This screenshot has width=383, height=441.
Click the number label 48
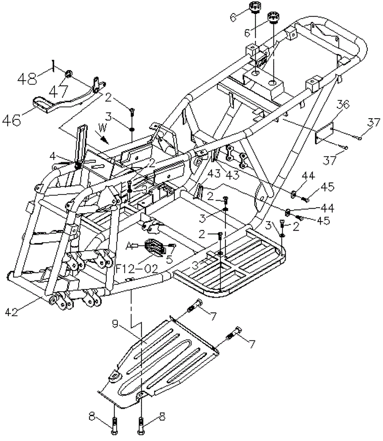coord(28,78)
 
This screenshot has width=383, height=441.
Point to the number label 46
coord(11,120)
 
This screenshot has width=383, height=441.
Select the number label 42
coord(12,312)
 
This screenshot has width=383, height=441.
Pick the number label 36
coord(343,105)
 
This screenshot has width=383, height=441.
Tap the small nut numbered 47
coord(69,74)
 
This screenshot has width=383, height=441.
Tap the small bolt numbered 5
coord(172,246)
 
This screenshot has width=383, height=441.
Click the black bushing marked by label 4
coord(78,165)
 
